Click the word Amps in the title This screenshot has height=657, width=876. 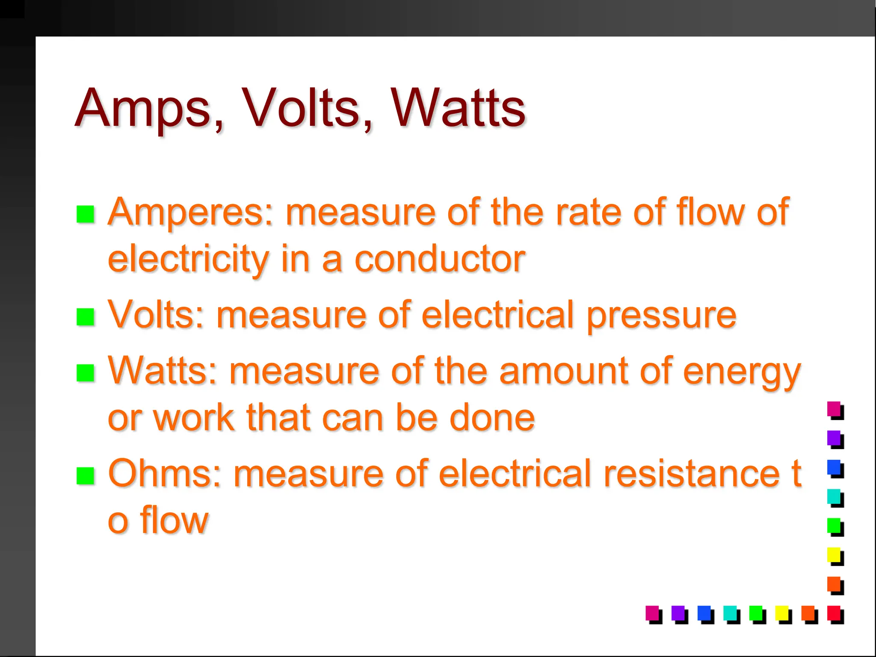(143, 109)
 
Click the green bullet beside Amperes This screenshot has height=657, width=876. (85, 214)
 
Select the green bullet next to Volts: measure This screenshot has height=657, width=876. (85, 317)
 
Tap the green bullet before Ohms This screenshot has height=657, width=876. (85, 475)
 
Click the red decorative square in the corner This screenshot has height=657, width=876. (834, 613)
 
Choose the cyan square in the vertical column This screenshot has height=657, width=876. (834, 497)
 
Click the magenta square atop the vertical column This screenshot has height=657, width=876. (834, 409)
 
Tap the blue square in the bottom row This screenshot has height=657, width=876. (704, 613)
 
